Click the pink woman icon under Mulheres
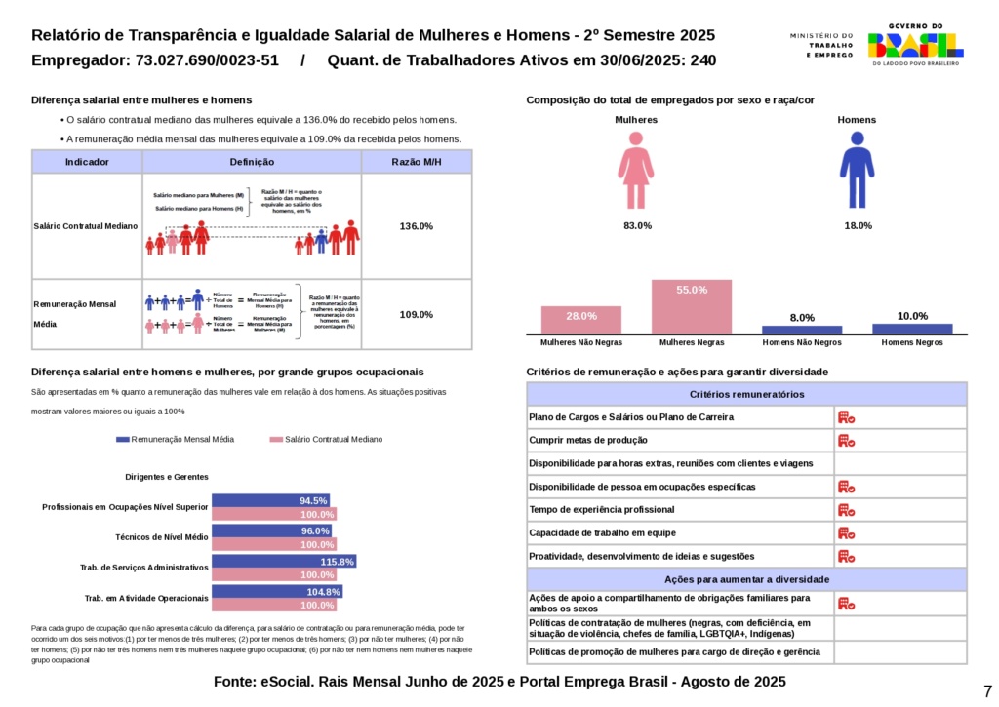tap(635, 171)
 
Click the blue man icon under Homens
tap(857, 171)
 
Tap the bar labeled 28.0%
tap(581, 320)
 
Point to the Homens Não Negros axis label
tap(802, 343)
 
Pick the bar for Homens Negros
tap(912, 329)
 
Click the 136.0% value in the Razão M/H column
tap(417, 226)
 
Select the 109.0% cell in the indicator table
tap(417, 314)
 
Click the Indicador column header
tap(87, 162)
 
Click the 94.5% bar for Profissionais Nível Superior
tap(270, 500)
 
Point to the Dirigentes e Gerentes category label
tap(167, 477)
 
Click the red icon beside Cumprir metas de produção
tap(846, 440)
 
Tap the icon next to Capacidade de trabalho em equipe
tap(846, 533)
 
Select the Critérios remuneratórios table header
tap(747, 394)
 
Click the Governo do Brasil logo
tap(915, 45)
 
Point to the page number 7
tap(987, 689)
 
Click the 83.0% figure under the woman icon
tap(637, 226)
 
